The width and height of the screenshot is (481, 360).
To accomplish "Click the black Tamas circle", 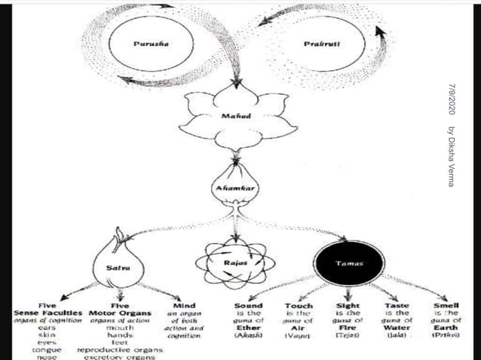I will click(x=349, y=264).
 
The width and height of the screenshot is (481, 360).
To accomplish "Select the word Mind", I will click(x=185, y=306).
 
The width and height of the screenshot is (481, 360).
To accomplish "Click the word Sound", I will click(x=248, y=306).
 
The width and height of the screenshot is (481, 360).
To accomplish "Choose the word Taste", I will click(x=397, y=306).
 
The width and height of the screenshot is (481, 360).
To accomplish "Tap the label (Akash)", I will click(x=248, y=336).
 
